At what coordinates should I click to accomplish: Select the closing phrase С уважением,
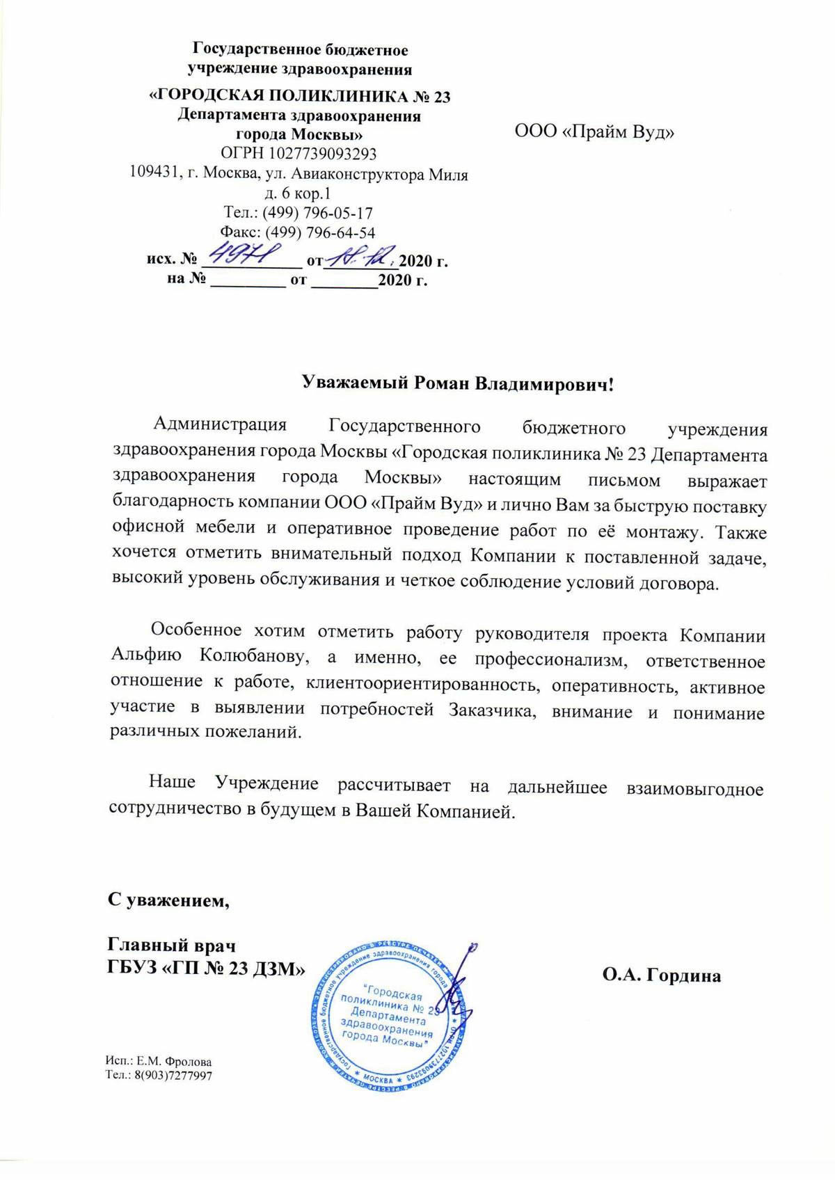[x=167, y=900]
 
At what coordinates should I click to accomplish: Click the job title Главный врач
[x=171, y=946]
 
